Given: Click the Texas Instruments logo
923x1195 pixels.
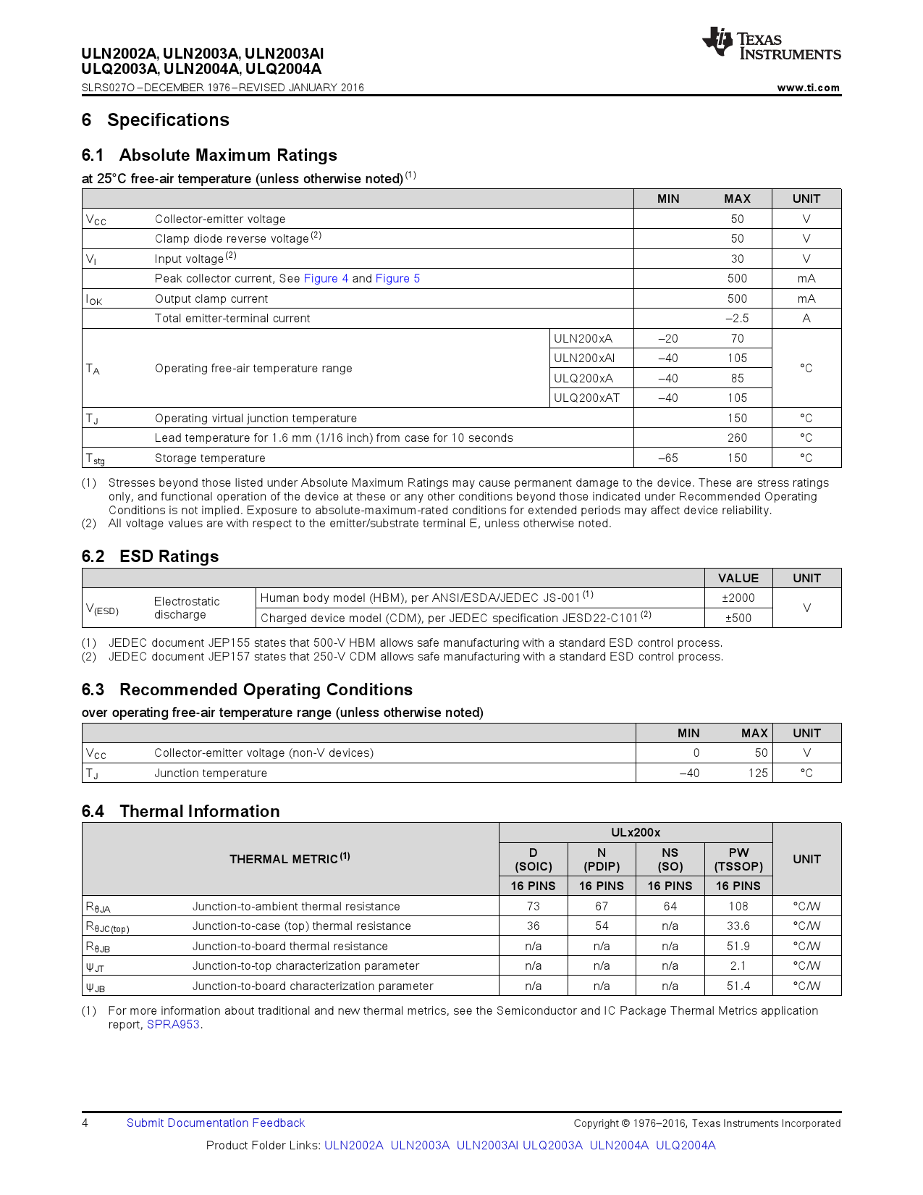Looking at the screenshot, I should coord(770,44).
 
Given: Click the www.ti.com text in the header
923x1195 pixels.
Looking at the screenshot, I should coord(808,88).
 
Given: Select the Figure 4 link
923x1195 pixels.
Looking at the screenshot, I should coord(326,279).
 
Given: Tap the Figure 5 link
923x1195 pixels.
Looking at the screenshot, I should coord(397,279).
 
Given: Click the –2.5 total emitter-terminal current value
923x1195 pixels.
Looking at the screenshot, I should coord(737,319).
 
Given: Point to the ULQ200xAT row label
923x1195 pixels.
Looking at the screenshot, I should coord(586,398).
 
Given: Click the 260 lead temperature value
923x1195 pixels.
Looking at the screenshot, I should coord(737,438).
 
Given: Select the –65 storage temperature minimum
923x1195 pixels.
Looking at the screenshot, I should coord(667,458).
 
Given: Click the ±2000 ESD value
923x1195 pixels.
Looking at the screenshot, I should coord(738,598).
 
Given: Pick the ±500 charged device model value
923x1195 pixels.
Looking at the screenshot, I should coord(738,619).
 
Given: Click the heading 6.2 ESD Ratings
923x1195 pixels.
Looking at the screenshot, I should coord(150,556).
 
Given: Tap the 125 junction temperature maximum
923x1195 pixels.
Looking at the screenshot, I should coord(757,773).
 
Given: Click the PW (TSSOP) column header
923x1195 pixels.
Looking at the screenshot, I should coord(738,860).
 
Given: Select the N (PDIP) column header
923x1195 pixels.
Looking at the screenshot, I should coord(602,860).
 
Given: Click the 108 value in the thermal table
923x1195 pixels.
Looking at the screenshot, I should coord(738,907).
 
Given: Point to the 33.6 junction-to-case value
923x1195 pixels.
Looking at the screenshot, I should coord(738,926).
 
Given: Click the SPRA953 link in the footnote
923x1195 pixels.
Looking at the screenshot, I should coord(173,1025).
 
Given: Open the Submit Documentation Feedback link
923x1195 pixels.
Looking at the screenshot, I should coord(216,1123).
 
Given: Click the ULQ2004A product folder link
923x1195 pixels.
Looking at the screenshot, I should coord(685,1146).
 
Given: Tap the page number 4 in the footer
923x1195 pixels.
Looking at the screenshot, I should coord(85,1123).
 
